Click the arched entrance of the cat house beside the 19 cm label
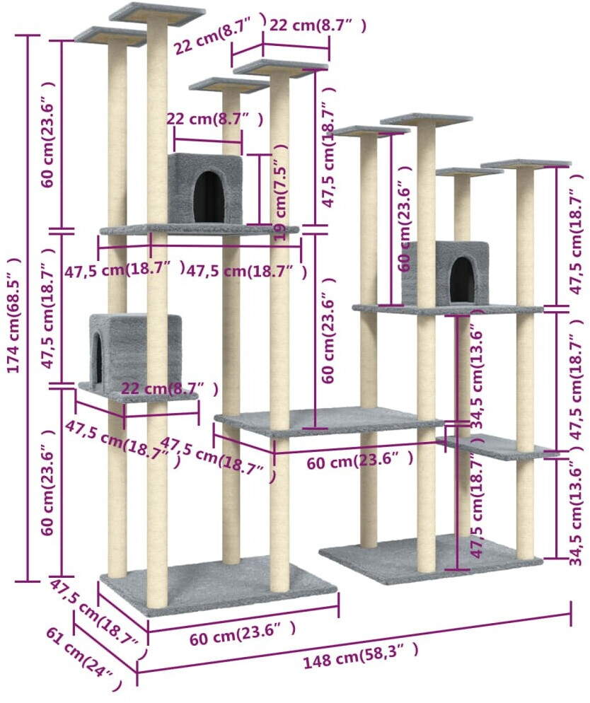pyautogui.click(x=209, y=197)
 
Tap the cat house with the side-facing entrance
pyautogui.click(x=134, y=351)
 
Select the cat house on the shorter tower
pyautogui.click(x=446, y=272)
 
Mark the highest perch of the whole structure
pyautogui.click(x=157, y=13)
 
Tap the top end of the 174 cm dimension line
pyautogui.click(x=28, y=35)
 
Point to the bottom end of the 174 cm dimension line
pyautogui.click(x=28, y=581)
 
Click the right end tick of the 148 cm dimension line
pyautogui.click(x=571, y=614)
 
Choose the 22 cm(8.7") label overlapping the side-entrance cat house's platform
pyautogui.click(x=169, y=389)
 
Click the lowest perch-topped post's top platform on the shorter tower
pyautogui.click(x=468, y=172)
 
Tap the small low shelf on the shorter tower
pyautogui.click(x=495, y=446)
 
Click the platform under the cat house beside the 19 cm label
pyautogui.click(x=198, y=230)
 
